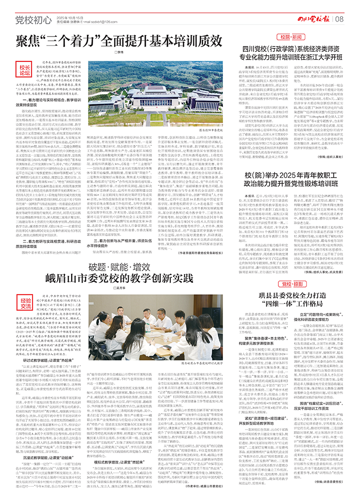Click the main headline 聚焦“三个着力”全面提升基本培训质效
point(119,40)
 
